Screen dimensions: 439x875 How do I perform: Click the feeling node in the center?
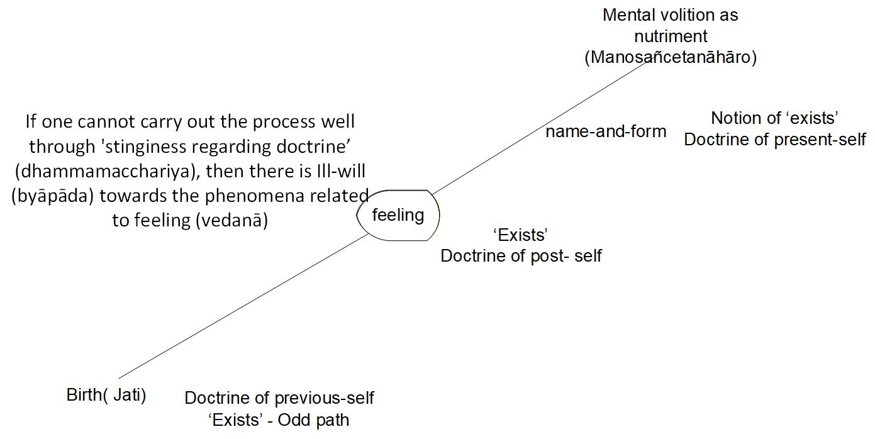click(x=398, y=215)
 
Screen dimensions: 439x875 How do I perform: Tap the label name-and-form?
click(x=606, y=131)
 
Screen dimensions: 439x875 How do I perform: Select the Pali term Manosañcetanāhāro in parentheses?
click(x=671, y=58)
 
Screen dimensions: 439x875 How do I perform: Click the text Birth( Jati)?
click(x=106, y=396)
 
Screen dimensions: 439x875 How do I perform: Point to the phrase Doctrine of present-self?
click(x=775, y=140)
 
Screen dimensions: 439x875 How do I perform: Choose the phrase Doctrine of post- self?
click(x=521, y=256)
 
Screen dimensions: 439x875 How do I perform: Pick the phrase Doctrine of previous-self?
click(x=279, y=398)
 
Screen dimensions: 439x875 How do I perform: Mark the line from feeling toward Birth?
click(x=245, y=306)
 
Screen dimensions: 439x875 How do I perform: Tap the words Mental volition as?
click(x=670, y=15)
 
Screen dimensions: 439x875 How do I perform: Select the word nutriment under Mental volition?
click(x=671, y=36)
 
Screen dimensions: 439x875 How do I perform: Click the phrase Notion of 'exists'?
click(x=775, y=118)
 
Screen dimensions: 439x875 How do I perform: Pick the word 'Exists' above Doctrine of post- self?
click(x=521, y=235)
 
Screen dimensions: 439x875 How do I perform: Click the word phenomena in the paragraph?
click(x=244, y=196)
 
